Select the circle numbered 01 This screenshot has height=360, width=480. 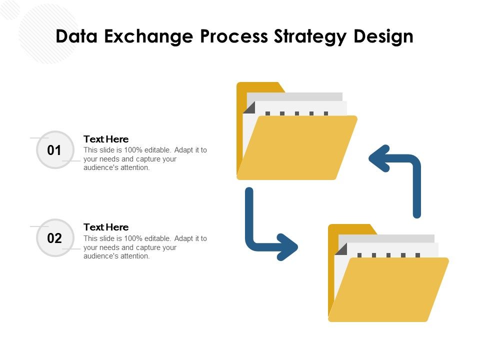pos(54,150)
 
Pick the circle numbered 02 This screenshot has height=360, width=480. pos(54,238)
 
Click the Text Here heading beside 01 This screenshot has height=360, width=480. pos(106,139)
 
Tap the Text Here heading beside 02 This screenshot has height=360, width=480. pos(106,227)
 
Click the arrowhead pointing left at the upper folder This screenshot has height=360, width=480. pos(379,158)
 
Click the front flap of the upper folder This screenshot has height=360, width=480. pos(297,147)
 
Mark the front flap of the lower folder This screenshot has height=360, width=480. pos(389,290)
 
